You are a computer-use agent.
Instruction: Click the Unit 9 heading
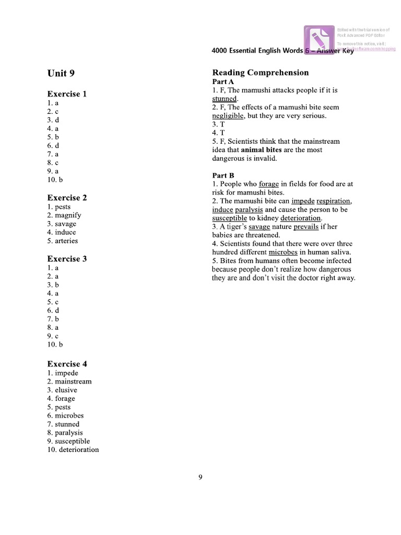click(x=61, y=73)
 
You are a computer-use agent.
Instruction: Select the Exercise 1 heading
click(x=67, y=94)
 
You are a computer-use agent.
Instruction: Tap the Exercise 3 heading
click(x=67, y=259)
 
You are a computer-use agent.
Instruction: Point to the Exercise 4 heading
click(x=67, y=364)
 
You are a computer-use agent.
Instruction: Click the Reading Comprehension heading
click(x=260, y=73)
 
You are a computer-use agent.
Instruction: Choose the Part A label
click(x=223, y=82)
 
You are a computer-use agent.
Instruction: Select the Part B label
click(x=223, y=176)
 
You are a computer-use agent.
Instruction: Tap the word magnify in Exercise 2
click(x=68, y=215)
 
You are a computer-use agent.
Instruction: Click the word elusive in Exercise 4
click(x=66, y=390)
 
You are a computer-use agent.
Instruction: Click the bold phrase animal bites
click(x=261, y=150)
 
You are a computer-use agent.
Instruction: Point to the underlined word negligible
click(x=228, y=116)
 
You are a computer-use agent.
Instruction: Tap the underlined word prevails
click(x=305, y=227)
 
